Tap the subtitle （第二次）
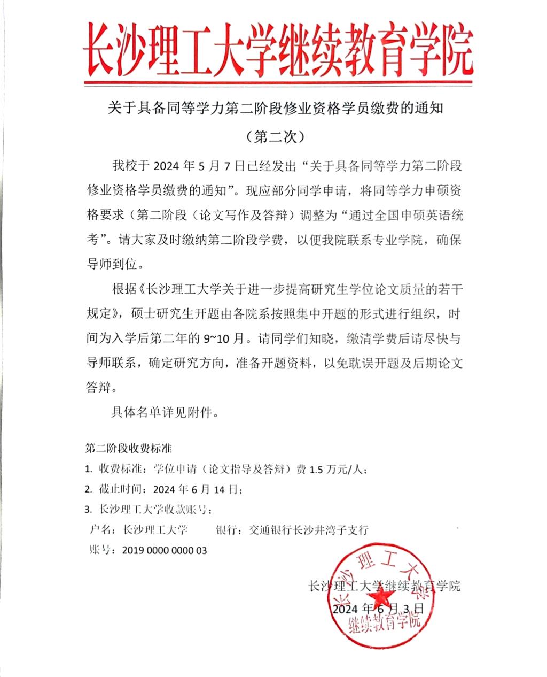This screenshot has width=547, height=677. click(276, 136)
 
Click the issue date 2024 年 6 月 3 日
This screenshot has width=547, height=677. click(378, 609)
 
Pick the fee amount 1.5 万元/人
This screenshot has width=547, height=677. click(336, 470)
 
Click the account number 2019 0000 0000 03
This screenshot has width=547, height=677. click(164, 550)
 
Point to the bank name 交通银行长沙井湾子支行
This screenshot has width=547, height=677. click(312, 530)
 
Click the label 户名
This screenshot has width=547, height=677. click(100, 530)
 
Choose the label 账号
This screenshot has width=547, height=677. click(100, 550)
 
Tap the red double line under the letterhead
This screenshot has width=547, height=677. click(278, 83)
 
